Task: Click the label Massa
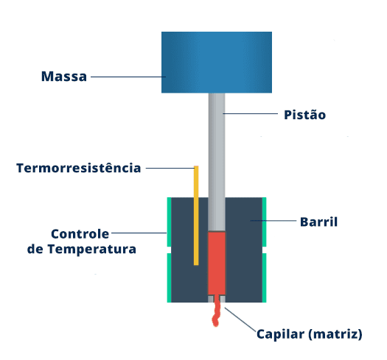64,76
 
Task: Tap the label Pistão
305,115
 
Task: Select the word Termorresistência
79,168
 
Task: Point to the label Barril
318,222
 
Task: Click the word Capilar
281,335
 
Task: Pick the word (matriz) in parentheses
335,335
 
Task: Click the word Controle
80,234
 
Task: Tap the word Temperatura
92,249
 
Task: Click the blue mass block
217,62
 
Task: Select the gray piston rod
217,162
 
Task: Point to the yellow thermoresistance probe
196,216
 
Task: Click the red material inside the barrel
217,264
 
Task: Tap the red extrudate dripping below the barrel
217,311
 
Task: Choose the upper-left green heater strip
169,222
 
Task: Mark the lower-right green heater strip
264,278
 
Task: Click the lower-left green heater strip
169,278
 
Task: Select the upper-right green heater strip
264,222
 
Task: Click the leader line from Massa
128,77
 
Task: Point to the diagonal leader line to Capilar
240,320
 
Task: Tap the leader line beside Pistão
251,113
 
